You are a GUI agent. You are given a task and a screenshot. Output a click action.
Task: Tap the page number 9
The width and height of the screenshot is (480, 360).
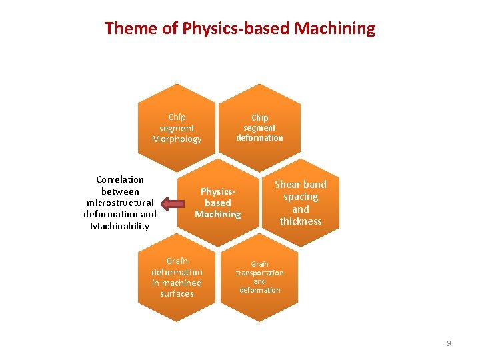[449, 343]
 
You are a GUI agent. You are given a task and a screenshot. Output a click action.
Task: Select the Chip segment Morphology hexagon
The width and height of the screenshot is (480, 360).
[177, 123]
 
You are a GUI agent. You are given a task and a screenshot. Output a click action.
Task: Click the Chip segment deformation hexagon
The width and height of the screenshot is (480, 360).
[259, 123]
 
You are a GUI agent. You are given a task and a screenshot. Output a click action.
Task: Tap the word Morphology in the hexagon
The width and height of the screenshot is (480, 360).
[177, 139]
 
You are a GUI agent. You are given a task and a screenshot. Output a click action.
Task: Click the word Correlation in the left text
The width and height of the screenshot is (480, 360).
[120, 179]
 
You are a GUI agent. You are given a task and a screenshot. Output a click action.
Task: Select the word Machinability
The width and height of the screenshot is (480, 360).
[120, 226]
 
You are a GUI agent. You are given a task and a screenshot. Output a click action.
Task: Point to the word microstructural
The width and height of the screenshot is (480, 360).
[120, 203]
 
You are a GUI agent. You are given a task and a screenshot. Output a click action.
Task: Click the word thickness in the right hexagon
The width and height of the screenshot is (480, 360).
[301, 221]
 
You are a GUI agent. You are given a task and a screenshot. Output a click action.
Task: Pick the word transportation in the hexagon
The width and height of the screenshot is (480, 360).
[259, 273]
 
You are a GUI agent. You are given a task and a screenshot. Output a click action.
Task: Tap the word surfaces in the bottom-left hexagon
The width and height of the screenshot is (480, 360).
[177, 293]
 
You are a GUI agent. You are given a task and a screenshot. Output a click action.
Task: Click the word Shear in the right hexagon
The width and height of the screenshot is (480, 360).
[287, 185]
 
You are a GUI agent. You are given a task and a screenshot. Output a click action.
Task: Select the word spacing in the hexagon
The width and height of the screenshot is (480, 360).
[301, 197]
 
